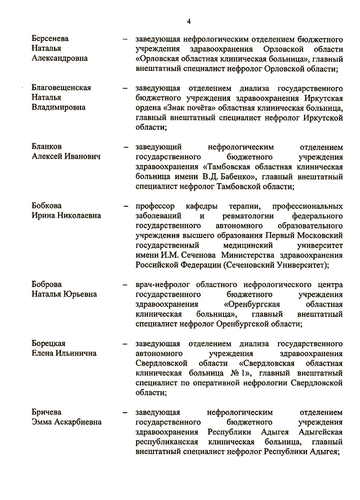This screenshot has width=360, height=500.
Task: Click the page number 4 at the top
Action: (189, 20)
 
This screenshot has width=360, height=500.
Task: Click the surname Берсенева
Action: (50, 39)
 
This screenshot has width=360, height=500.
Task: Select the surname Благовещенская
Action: (61, 88)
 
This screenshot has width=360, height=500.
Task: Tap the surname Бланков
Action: (46, 147)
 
